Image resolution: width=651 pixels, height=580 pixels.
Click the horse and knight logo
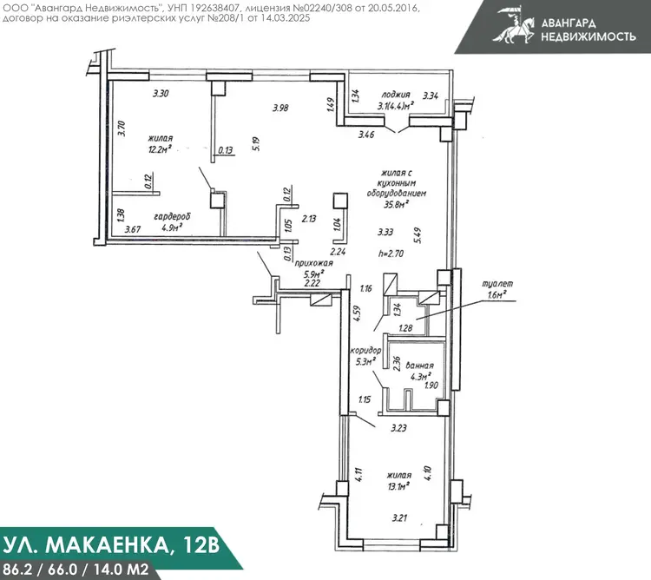(514, 25)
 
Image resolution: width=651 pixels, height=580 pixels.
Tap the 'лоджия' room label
(396, 95)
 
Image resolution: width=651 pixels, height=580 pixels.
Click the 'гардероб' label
(173, 217)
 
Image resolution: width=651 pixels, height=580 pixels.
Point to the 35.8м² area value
(397, 203)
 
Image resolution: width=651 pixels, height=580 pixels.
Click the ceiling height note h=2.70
(391, 254)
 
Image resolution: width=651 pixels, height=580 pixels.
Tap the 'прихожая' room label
(313, 263)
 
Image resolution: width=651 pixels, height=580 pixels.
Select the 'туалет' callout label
(497, 284)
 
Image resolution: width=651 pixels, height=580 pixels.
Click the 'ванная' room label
(419, 366)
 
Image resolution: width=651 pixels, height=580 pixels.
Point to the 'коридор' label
(365, 351)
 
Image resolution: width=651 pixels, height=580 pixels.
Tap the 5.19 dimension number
(256, 143)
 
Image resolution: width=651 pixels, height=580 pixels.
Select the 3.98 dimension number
(280, 108)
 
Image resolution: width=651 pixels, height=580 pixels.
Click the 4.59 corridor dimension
(357, 313)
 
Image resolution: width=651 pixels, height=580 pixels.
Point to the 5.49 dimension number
(418, 235)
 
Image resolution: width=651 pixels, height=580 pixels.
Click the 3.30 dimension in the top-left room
(161, 94)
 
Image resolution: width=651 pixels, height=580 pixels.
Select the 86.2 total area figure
(16, 569)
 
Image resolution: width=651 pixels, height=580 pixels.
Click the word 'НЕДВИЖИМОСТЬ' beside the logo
(589, 36)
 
